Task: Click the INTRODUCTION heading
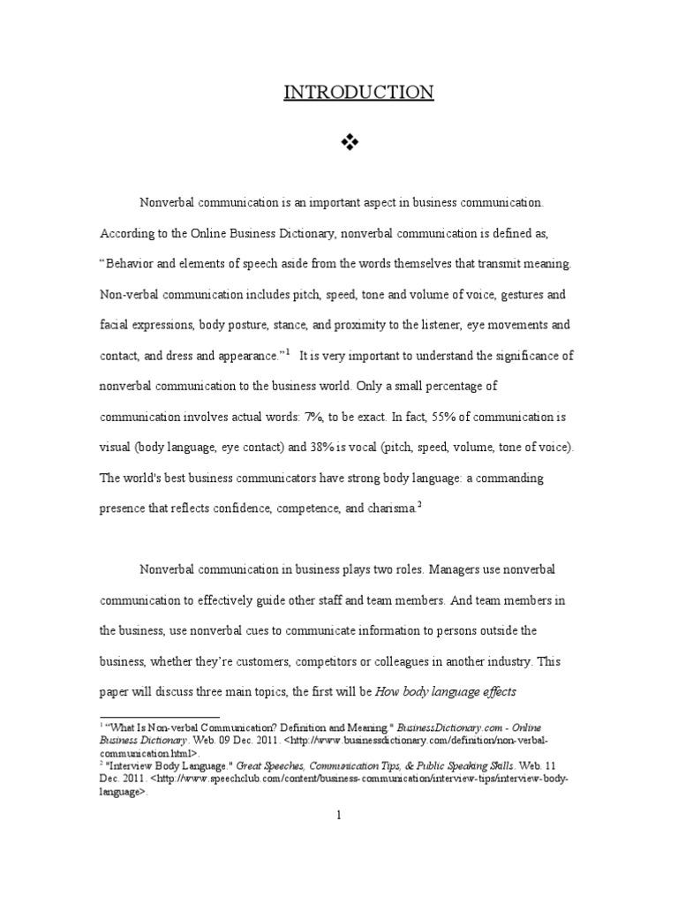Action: tap(358, 92)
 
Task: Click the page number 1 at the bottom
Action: tap(339, 815)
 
